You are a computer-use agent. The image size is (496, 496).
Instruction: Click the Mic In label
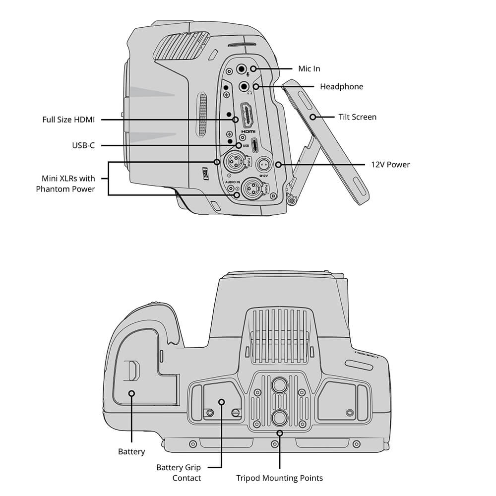point(309,68)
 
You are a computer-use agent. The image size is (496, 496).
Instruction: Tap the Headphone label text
point(341,87)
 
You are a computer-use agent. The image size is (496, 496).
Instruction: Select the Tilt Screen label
point(358,117)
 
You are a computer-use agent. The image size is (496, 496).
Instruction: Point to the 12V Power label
point(390,165)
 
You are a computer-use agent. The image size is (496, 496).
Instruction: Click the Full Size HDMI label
point(68,120)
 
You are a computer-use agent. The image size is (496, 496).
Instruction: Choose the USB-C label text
point(83,145)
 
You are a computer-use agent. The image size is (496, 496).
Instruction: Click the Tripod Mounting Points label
point(279,478)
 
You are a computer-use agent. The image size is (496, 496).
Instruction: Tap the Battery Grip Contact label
point(179,473)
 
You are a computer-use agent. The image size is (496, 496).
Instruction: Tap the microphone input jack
point(242,68)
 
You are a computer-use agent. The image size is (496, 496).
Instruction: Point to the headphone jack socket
point(244,86)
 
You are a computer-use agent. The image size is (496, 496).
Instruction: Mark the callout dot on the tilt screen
point(312,117)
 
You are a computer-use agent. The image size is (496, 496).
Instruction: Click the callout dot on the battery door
point(132,393)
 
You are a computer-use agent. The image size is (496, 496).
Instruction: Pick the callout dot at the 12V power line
point(278,165)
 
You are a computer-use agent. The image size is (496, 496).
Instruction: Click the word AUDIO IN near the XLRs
point(233,182)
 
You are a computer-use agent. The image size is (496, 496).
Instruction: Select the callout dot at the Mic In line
point(253,68)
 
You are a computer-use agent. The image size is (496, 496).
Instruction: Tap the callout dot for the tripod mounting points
point(280,433)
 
